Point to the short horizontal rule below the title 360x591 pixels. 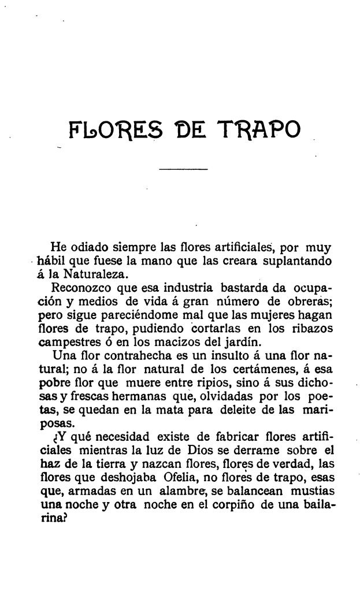(x=183, y=169)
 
